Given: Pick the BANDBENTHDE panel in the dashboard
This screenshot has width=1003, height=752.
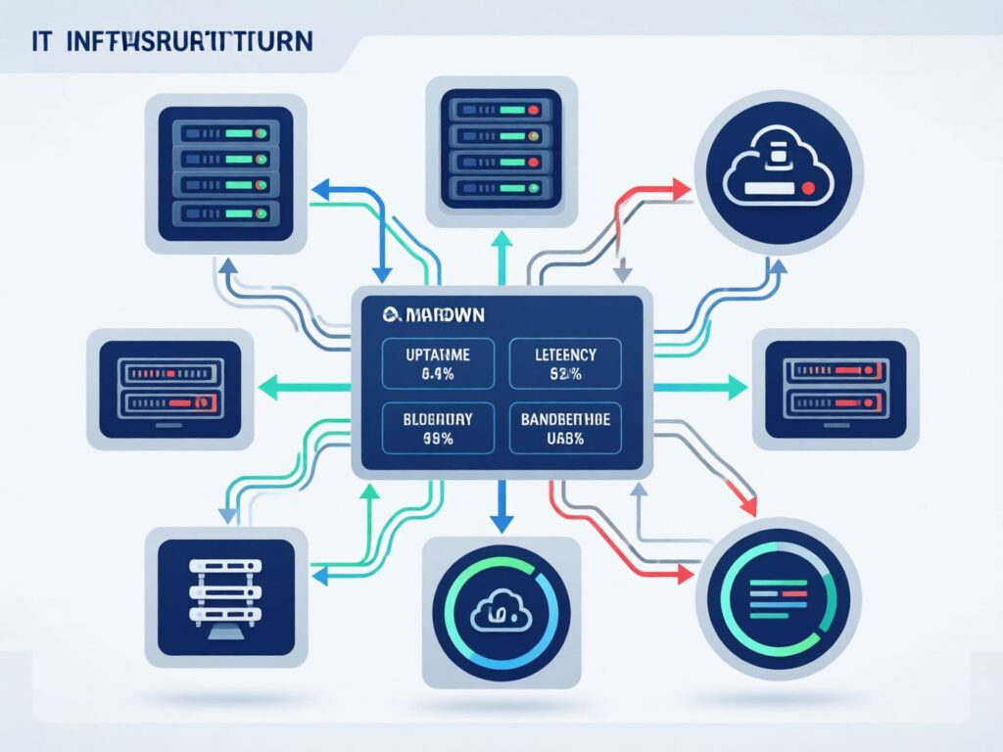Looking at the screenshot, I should tap(566, 428).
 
